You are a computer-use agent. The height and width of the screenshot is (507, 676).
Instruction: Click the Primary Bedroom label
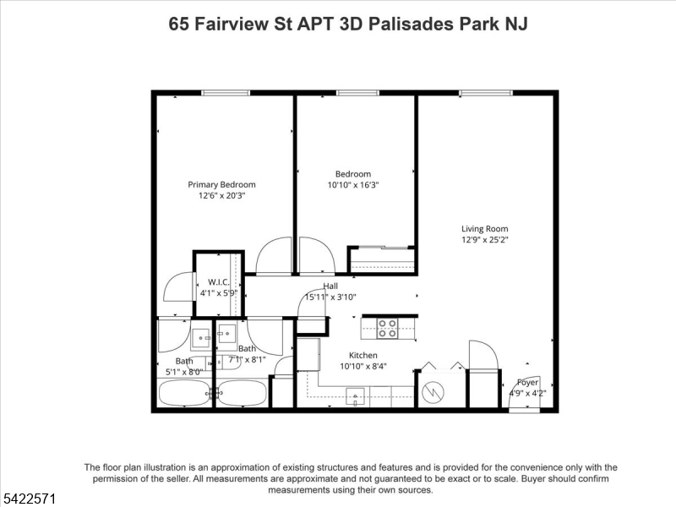click(221, 184)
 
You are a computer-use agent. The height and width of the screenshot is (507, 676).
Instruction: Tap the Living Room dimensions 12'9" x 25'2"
click(485, 240)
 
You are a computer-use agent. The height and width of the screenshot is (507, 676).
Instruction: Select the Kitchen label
click(363, 355)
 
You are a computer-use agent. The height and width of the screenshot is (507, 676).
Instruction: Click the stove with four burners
click(387, 329)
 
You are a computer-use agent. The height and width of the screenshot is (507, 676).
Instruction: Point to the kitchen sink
click(355, 396)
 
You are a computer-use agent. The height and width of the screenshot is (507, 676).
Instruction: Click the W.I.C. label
click(219, 282)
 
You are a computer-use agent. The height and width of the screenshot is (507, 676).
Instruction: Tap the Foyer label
click(527, 383)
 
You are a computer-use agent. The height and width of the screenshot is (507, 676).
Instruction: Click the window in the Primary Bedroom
click(226, 93)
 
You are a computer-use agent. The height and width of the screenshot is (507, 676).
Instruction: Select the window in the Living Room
click(486, 93)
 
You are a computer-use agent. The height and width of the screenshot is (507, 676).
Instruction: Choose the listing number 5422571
click(29, 499)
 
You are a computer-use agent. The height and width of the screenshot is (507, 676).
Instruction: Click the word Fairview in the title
click(232, 25)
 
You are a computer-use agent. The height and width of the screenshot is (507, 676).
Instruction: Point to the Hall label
click(330, 286)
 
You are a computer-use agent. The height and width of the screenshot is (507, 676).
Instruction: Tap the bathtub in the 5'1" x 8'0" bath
click(185, 393)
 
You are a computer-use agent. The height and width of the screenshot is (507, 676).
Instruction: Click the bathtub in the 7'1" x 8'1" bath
click(242, 393)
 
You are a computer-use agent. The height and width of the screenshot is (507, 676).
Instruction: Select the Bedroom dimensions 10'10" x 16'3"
click(353, 185)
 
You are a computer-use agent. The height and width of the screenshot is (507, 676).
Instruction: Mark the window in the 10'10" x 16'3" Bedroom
click(357, 93)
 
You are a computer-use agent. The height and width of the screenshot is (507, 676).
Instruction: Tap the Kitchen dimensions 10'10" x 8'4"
click(363, 367)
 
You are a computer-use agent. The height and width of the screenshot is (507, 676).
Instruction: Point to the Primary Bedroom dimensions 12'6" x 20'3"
click(221, 196)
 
